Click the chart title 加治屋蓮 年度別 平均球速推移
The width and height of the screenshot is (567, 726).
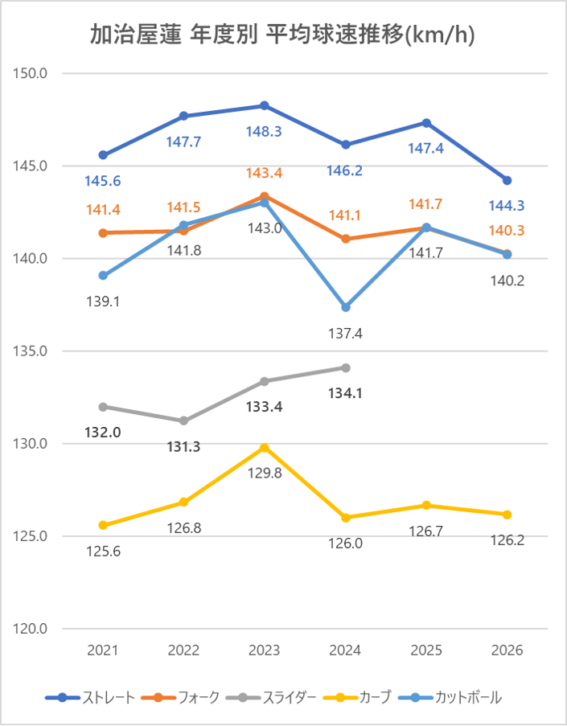[x=283, y=35]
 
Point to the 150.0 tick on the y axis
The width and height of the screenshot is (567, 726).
[x=32, y=73]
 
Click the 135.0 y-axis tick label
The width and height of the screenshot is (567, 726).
[x=32, y=351]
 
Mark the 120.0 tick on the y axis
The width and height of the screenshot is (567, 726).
[x=32, y=629]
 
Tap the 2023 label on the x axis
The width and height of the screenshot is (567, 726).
[x=265, y=650]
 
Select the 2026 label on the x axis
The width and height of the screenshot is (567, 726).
[x=507, y=650]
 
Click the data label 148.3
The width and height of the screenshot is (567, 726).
[x=265, y=132]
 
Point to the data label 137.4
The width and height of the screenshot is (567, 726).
[x=346, y=332]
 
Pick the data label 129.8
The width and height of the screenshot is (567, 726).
[x=265, y=473]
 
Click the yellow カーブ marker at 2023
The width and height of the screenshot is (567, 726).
[x=265, y=448]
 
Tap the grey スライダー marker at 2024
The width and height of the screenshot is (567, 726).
[x=346, y=367]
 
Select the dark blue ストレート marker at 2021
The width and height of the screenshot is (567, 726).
[x=103, y=154]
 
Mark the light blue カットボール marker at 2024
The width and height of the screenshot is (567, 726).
[x=346, y=307]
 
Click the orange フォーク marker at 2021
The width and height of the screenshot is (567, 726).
[x=103, y=233]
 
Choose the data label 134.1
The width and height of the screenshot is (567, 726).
[x=346, y=393]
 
